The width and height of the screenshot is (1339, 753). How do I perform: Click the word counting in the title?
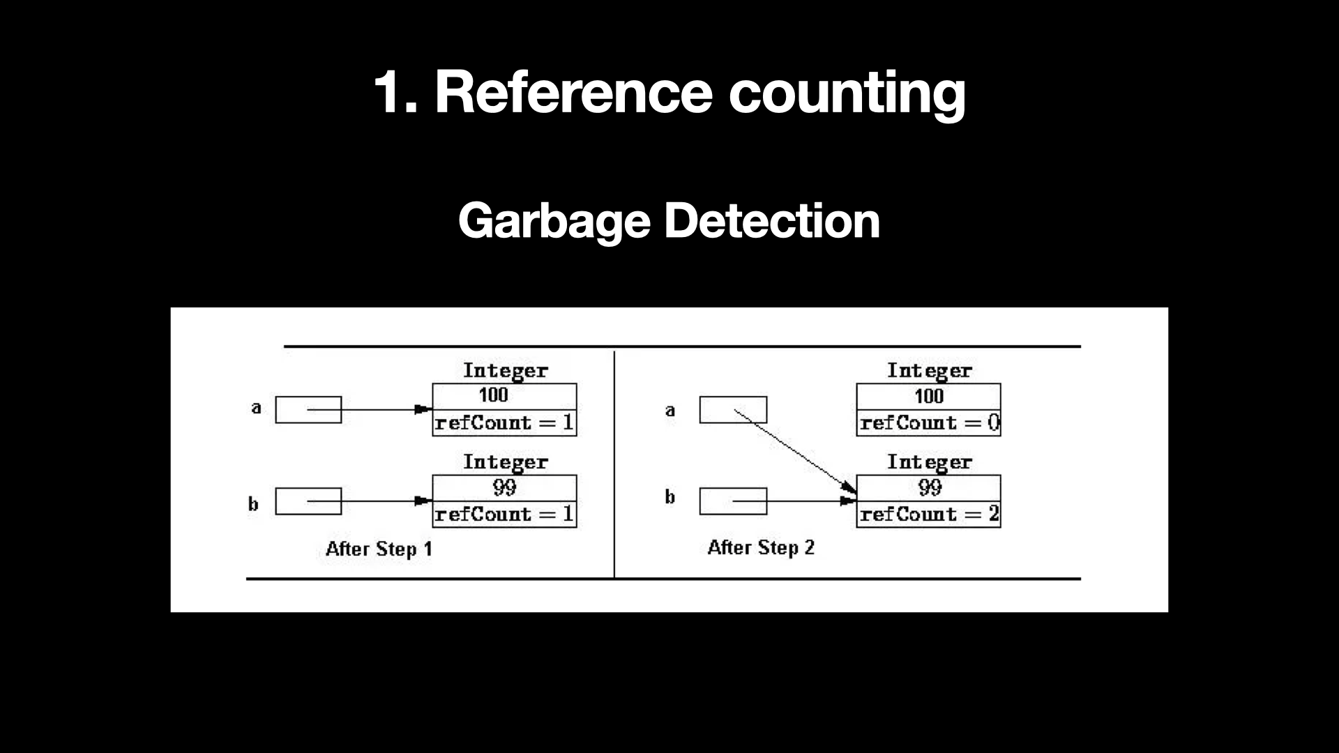click(x=847, y=93)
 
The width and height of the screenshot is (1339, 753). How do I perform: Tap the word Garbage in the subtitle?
click(x=554, y=221)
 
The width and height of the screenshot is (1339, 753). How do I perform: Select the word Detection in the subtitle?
click(x=771, y=221)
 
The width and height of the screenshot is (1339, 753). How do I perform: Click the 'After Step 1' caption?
click(x=379, y=549)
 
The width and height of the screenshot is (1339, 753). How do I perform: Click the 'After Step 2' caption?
click(x=761, y=548)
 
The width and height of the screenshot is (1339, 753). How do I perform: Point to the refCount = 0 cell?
click(x=928, y=423)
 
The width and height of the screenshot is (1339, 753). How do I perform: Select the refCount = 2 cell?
click(x=928, y=515)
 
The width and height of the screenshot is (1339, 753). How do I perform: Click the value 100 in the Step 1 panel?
click(x=493, y=395)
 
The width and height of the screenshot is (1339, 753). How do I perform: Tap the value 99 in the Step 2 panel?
click(x=930, y=487)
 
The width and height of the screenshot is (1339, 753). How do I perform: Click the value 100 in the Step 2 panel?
click(x=928, y=396)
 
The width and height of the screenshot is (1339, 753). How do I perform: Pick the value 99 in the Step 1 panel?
click(x=504, y=487)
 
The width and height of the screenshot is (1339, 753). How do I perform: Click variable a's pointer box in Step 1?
click(x=308, y=410)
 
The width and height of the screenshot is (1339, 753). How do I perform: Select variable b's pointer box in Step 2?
click(x=732, y=501)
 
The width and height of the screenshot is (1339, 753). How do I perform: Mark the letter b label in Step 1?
click(x=253, y=504)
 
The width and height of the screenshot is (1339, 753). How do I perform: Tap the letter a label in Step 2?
click(x=670, y=411)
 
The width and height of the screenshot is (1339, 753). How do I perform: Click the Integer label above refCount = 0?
click(x=929, y=370)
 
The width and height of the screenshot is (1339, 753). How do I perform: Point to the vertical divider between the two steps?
click(x=614, y=464)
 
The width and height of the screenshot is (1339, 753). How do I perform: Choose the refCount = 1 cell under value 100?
click(x=504, y=423)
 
